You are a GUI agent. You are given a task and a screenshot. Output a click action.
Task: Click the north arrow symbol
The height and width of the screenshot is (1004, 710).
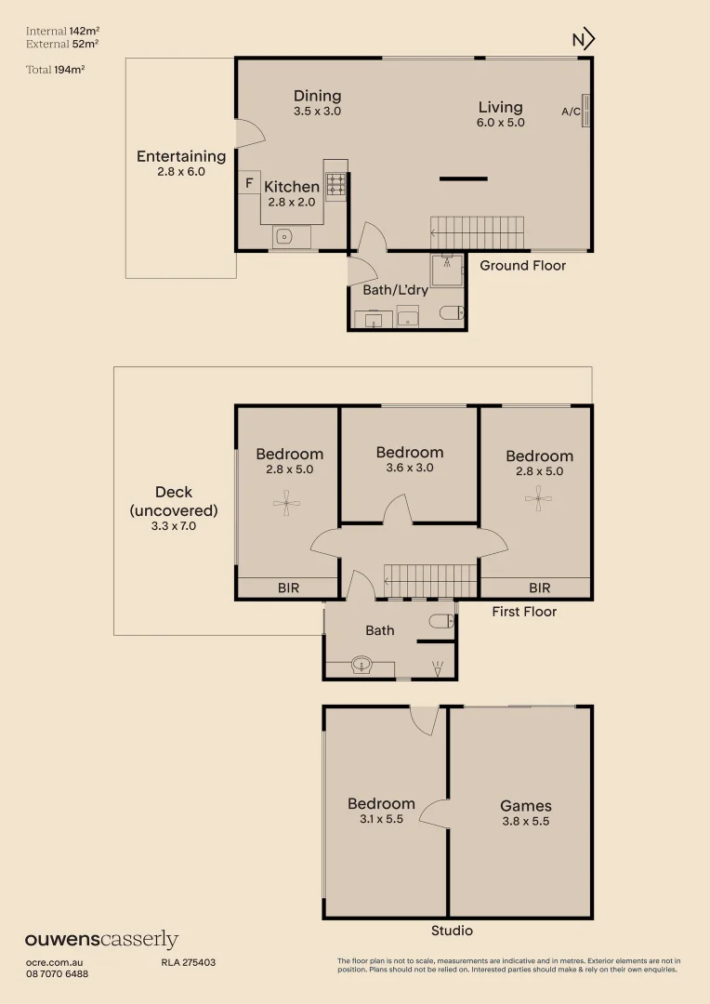[x=584, y=39]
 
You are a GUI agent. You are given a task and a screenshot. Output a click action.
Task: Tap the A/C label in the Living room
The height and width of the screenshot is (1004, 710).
[x=571, y=112]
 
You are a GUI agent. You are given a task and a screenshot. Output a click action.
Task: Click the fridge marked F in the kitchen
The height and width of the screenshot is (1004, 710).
[x=249, y=183]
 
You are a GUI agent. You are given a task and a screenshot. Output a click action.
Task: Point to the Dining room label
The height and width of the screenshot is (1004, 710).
[x=317, y=96]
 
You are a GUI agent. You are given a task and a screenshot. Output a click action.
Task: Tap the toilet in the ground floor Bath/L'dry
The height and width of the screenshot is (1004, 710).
[x=453, y=313]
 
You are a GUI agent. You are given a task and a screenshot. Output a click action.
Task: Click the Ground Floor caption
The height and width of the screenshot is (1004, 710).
[x=522, y=266]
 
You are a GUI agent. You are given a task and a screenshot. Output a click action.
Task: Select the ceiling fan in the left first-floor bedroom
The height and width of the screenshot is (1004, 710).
[x=286, y=506]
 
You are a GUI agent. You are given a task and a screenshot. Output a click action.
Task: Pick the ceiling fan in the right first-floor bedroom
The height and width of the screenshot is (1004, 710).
[x=538, y=500]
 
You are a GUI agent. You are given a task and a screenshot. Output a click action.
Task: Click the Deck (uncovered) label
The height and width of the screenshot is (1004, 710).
[x=174, y=501]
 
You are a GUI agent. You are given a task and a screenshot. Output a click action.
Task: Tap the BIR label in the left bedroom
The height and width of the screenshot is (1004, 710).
[x=289, y=588]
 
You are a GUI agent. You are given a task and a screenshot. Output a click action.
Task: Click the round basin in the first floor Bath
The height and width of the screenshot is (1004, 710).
[x=362, y=665]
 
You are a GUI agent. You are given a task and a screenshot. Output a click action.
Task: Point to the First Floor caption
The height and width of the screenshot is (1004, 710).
[x=524, y=612]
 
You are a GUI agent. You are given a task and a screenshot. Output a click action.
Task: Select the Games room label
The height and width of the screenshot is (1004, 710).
[x=525, y=806]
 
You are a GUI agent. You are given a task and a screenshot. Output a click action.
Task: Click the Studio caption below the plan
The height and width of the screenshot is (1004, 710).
[x=452, y=931]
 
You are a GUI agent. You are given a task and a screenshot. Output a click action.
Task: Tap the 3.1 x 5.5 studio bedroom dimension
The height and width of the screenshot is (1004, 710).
[x=381, y=820]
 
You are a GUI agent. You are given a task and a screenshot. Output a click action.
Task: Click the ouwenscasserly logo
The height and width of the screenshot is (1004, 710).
[x=101, y=940]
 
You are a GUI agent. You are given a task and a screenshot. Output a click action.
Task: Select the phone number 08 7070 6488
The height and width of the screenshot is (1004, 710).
[x=57, y=973]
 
